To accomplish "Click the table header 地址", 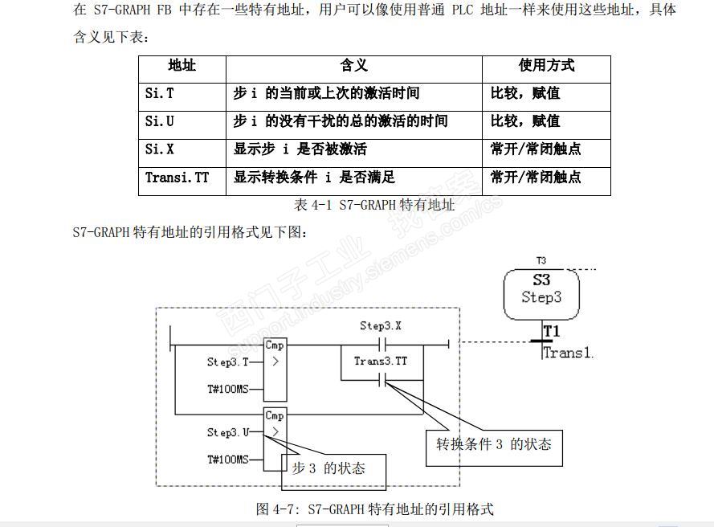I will [182, 67].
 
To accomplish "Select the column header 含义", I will [353, 67].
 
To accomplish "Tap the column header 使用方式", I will [546, 67].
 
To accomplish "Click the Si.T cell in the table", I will [159, 94].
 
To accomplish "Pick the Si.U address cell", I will [159, 122].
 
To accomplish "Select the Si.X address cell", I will [159, 150].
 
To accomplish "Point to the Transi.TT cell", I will [177, 178].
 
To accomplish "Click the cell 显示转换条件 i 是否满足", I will [314, 178].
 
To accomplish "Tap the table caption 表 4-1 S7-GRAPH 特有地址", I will [374, 206].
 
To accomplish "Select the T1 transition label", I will [551, 332].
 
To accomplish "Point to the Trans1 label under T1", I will [567, 352].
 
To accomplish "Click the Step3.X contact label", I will [381, 326].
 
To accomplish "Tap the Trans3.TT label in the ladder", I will [381, 362].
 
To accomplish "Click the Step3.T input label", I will [228, 362].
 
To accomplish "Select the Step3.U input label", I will [228, 432].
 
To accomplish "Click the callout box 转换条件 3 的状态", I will [494, 444].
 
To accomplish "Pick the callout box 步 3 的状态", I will [333, 470].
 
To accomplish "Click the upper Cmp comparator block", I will [275, 370].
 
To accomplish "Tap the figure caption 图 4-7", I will [374, 509].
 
